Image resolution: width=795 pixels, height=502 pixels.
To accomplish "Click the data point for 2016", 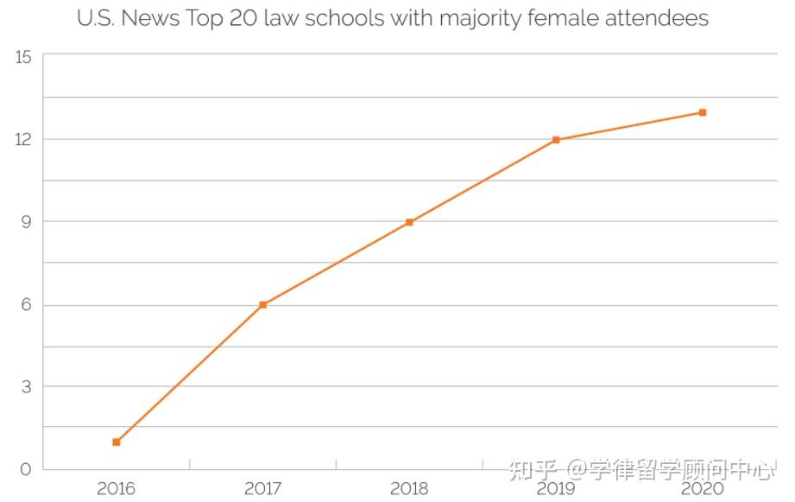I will tap(117, 442).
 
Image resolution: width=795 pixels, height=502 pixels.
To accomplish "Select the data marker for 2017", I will tap(263, 305).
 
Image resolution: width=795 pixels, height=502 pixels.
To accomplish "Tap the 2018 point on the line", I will tap(409, 222).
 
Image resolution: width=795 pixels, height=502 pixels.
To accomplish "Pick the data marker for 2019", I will tap(556, 139).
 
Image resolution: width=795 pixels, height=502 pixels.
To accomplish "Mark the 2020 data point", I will tap(703, 112).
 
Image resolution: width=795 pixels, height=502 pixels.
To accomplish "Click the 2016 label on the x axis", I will tap(117, 489).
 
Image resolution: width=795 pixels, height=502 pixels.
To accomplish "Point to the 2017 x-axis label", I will tap(263, 489).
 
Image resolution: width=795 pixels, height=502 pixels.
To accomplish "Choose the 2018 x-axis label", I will tap(409, 489).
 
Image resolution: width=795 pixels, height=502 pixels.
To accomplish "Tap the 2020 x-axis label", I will tap(703, 489).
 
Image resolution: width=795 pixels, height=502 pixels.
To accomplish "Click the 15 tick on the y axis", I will tap(23, 57).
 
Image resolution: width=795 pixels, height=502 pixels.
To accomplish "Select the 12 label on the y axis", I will tap(23, 139).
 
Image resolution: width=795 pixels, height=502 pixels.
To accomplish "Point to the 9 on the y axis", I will tap(25, 222).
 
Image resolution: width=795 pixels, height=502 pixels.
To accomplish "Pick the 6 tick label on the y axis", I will tap(25, 305).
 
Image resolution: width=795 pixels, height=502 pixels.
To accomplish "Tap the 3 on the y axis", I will tap(25, 387).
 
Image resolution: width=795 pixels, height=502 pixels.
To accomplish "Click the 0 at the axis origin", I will tap(25, 470).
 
